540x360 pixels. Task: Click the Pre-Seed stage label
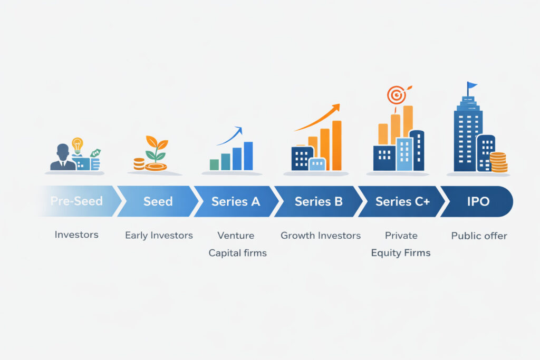click(76, 201)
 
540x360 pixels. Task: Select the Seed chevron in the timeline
click(158, 201)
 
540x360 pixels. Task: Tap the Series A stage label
click(236, 201)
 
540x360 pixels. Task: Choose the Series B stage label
click(319, 201)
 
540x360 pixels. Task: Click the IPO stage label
click(478, 201)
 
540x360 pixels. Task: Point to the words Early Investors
click(159, 235)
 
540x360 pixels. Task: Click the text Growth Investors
click(321, 235)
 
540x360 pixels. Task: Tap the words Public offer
click(479, 236)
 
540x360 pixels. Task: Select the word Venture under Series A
click(236, 235)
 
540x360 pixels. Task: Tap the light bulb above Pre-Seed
click(78, 144)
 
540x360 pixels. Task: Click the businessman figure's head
click(63, 151)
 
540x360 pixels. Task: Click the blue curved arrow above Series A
click(230, 135)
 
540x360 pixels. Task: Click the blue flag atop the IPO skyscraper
click(471, 85)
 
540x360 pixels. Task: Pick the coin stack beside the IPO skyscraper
click(498, 162)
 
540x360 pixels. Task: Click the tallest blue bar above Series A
click(248, 155)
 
